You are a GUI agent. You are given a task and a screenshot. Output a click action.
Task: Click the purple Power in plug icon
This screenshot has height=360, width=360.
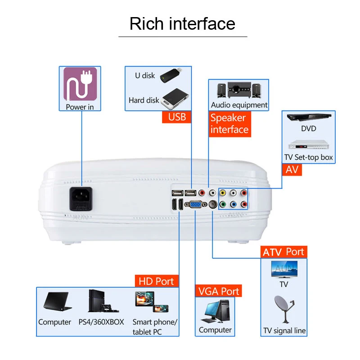(80, 84)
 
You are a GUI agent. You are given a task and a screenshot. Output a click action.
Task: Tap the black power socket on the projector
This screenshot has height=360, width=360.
(81, 198)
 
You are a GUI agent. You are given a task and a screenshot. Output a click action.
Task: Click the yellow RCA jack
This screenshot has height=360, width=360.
(222, 193)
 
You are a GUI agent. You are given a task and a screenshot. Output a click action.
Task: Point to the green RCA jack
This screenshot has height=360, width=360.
(222, 204)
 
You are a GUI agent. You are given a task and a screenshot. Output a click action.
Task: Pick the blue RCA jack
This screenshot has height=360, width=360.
(233, 204)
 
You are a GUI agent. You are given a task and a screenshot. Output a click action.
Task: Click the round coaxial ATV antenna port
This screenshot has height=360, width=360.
(211, 204)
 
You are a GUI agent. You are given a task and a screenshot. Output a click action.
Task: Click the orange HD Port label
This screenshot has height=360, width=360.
(156, 281)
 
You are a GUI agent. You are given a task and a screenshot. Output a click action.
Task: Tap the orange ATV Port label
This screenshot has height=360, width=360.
(283, 252)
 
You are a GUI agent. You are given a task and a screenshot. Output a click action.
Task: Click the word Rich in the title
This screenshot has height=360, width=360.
(146, 23)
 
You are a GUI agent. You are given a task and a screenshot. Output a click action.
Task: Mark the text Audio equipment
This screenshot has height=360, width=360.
(239, 105)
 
